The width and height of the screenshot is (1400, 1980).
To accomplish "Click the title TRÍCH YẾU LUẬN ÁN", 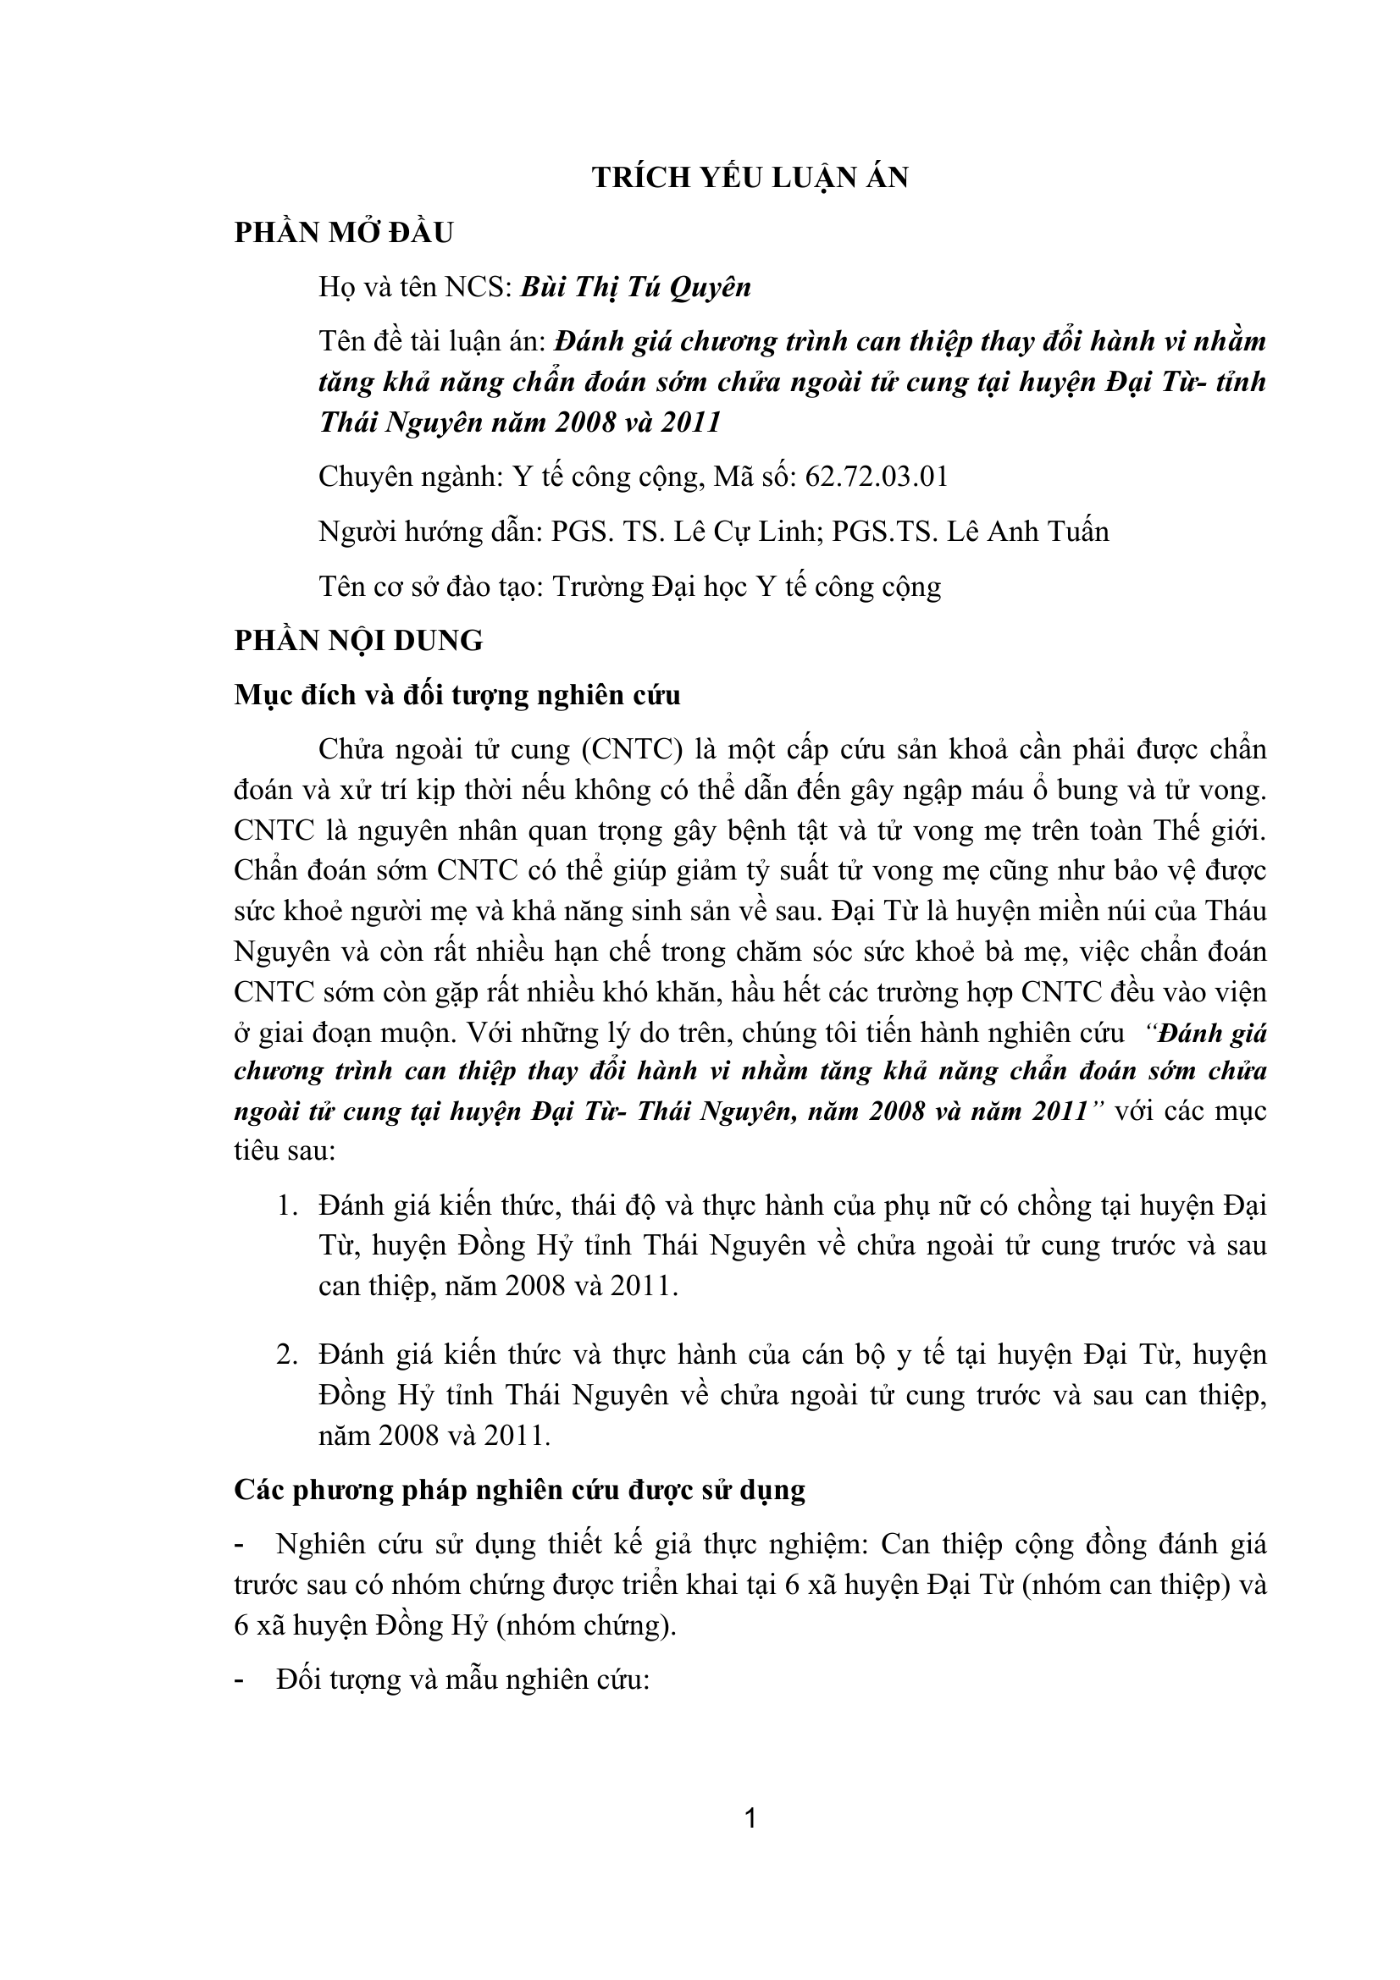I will click(x=750, y=178).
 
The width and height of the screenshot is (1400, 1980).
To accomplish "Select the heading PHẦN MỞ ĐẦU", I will click(x=343, y=233).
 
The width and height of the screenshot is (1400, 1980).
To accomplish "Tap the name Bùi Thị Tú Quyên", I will click(x=636, y=287).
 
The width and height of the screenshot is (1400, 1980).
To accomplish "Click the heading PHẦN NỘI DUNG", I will click(x=359, y=641).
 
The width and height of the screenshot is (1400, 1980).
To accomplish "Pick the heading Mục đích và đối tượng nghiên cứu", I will click(x=457, y=695).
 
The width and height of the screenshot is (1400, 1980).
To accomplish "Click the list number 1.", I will click(x=286, y=1205).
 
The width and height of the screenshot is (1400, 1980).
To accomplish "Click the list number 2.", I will click(x=286, y=1354).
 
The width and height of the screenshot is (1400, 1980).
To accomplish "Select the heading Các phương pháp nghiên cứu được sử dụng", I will click(x=519, y=1490).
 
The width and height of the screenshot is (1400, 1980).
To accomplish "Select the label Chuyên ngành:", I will click(x=411, y=476).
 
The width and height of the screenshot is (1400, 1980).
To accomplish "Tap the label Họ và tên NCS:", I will click(x=415, y=287).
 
